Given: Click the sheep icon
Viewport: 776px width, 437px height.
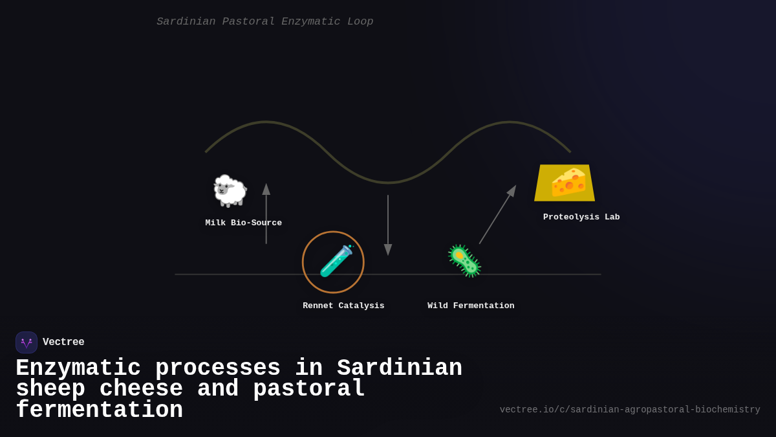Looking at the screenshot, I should pos(230,190).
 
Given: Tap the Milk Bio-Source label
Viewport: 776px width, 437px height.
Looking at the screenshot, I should pos(244,223).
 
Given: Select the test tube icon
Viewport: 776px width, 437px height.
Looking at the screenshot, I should pos(336,261).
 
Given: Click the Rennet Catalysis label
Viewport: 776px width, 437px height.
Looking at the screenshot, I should pos(343,306).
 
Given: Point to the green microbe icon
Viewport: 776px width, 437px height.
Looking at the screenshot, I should pos(464,261).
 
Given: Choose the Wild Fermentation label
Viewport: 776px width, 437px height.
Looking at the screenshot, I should pos(471,306).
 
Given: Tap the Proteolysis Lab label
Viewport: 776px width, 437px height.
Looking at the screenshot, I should pos(581,218).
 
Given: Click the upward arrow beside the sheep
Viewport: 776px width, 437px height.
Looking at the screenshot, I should pos(266,214).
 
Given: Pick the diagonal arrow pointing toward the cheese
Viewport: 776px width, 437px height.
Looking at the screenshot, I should pos(497,215).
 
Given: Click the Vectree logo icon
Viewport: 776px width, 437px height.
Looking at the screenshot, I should pos(27,342).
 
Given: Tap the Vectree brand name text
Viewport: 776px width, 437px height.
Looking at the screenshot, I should pos(63,342).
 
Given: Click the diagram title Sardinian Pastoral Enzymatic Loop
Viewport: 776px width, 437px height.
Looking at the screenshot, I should pos(264,21).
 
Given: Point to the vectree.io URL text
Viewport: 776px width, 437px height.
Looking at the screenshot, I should pos(630,410).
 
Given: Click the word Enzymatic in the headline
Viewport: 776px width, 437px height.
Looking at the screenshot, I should pos(78,368).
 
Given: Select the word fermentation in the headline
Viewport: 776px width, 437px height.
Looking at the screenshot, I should pos(99,410).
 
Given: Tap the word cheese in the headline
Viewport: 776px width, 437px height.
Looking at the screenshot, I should pos(141,389).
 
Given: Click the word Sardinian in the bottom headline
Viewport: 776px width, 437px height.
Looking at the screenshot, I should pos(400,368).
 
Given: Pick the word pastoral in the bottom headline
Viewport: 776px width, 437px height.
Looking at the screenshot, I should pos(309,389).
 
